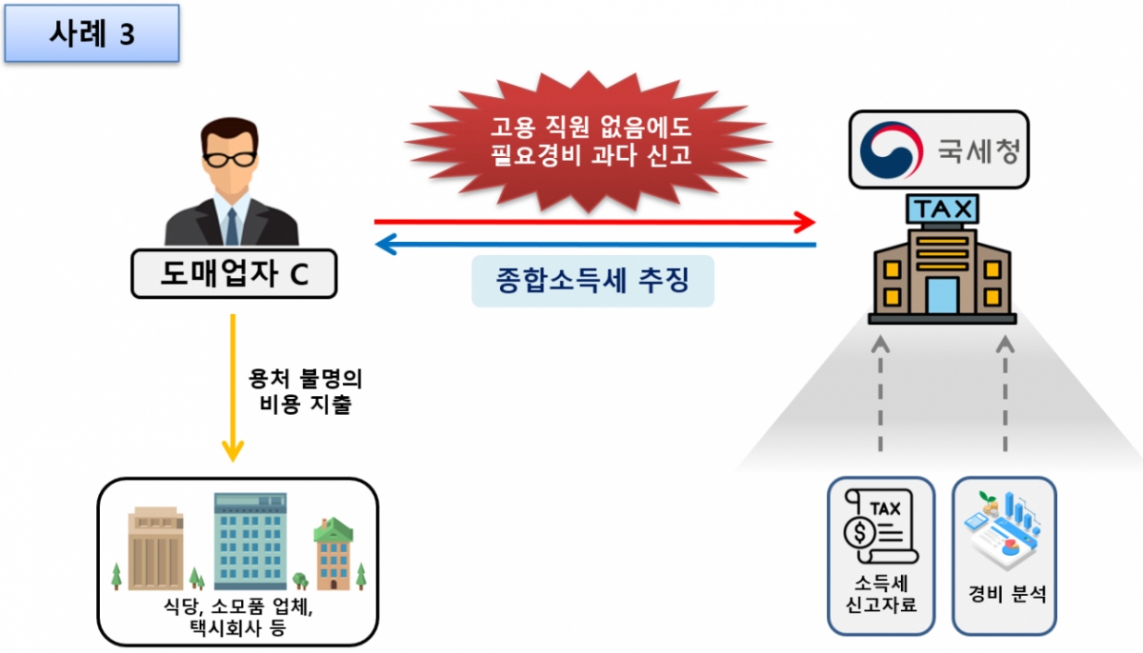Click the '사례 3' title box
91,33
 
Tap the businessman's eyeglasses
230,160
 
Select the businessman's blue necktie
231,226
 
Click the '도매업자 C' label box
234,274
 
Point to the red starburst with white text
589,142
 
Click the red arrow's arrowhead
805,222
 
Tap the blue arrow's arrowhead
386,245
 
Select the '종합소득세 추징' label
592,281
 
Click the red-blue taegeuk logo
891,149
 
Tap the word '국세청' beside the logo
979,150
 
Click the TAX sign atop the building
942,208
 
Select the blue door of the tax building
942,296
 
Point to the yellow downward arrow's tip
232,461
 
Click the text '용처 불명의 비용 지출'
305,391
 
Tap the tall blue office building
250,541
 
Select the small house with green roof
333,554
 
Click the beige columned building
155,548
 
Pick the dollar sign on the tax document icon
860,533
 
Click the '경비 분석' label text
1006,594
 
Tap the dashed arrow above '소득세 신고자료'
880,393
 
